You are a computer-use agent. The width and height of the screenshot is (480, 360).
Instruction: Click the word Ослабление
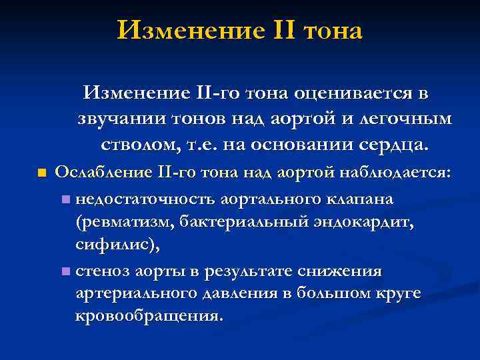(x=103, y=173)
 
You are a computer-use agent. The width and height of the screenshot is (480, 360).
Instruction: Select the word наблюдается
(x=396, y=173)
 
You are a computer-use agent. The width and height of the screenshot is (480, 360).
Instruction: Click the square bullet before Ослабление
(x=41, y=173)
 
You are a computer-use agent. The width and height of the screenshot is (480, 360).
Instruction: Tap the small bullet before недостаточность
(x=64, y=199)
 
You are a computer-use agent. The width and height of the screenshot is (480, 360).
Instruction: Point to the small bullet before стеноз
(x=64, y=271)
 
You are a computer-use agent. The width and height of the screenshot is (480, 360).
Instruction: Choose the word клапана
(x=359, y=199)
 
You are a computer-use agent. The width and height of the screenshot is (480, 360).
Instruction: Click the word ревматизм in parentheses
(x=126, y=223)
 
